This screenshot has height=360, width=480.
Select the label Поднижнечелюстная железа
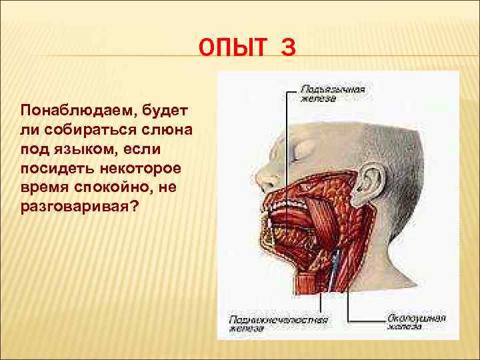point(279,323)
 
